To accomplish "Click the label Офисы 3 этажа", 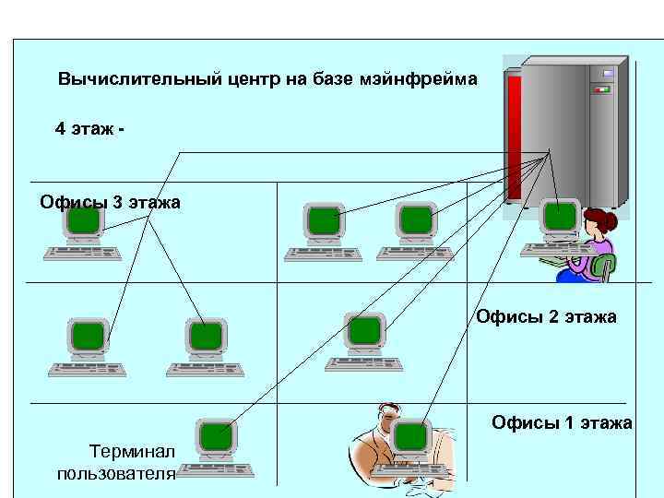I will click(110, 202).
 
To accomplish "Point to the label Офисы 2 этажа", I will click(546, 317).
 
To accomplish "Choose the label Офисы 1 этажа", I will click(562, 422).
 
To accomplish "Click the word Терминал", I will click(130, 451).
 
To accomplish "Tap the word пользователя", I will click(116, 474).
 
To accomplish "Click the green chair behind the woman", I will click(604, 267).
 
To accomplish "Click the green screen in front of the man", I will click(411, 435).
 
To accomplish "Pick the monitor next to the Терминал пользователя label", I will click(218, 434).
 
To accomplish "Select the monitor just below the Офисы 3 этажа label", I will click(84, 220).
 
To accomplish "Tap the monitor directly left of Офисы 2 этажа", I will click(364, 330).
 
